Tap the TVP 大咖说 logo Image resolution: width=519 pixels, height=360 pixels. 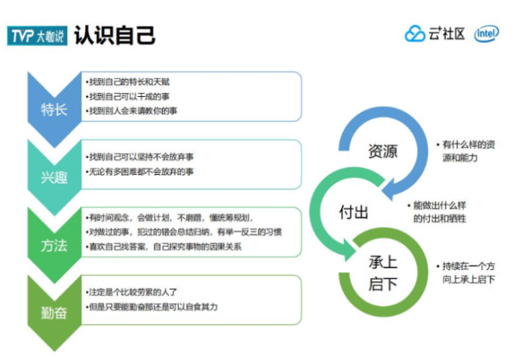pyautogui.click(x=36, y=35)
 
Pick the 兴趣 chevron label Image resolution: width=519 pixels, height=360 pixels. pyautogui.click(x=54, y=177)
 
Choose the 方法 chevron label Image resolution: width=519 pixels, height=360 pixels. pyautogui.click(x=54, y=245)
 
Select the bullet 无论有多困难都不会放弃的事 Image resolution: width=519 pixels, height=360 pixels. pyautogui.click(x=140, y=171)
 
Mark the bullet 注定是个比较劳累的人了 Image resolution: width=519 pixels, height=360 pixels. pyautogui.click(x=130, y=291)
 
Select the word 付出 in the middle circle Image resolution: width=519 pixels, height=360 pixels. pyautogui.click(x=353, y=212)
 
